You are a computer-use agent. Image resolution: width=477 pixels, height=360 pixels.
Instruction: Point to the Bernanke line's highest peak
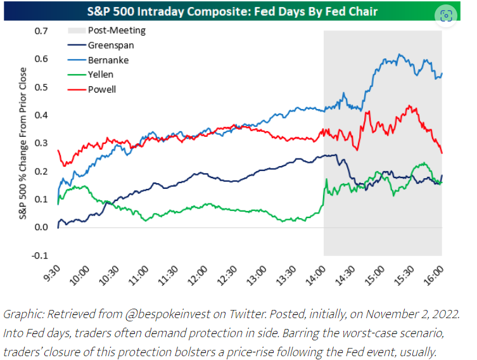point(399,55)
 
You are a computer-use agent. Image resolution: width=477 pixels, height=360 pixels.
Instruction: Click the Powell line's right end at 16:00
point(442,153)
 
